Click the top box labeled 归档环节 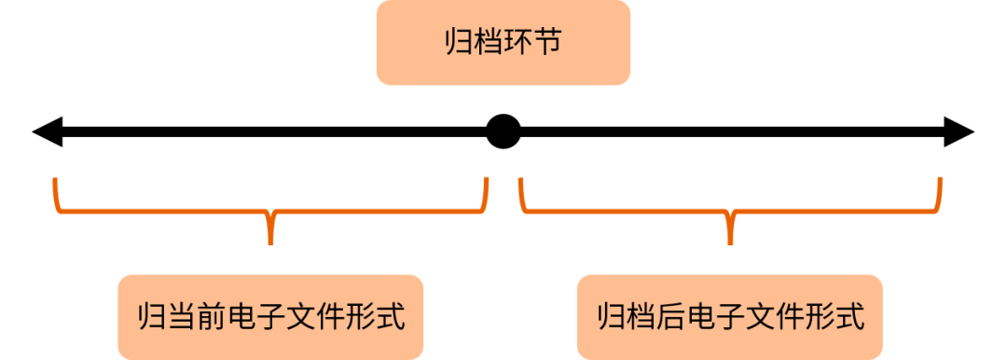pos(504,43)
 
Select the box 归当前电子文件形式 pos(270,316)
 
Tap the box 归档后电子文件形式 pos(730,316)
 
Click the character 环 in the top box pos(517,43)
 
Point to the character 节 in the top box pos(547,43)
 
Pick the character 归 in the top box pos(459,43)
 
